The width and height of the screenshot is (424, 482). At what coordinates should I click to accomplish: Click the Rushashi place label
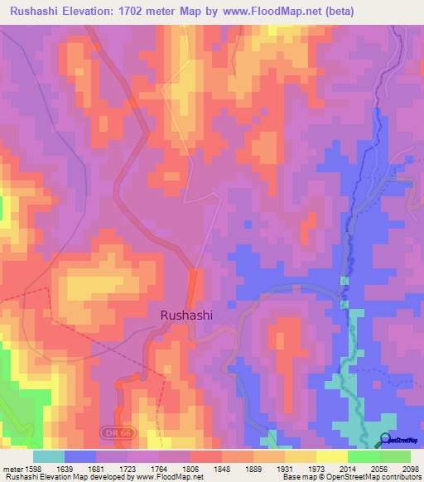(x=185, y=316)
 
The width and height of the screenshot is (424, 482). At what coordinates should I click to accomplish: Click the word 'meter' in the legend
(x=12, y=469)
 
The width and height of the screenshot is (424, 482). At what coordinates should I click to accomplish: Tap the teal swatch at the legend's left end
(x=49, y=456)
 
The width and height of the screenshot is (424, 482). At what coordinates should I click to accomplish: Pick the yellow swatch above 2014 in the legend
(x=332, y=456)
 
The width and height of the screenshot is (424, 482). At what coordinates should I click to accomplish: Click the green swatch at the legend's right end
(x=395, y=456)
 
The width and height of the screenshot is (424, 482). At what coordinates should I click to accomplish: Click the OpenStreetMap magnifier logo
(x=385, y=440)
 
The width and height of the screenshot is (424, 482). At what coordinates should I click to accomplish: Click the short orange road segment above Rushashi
(x=193, y=287)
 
